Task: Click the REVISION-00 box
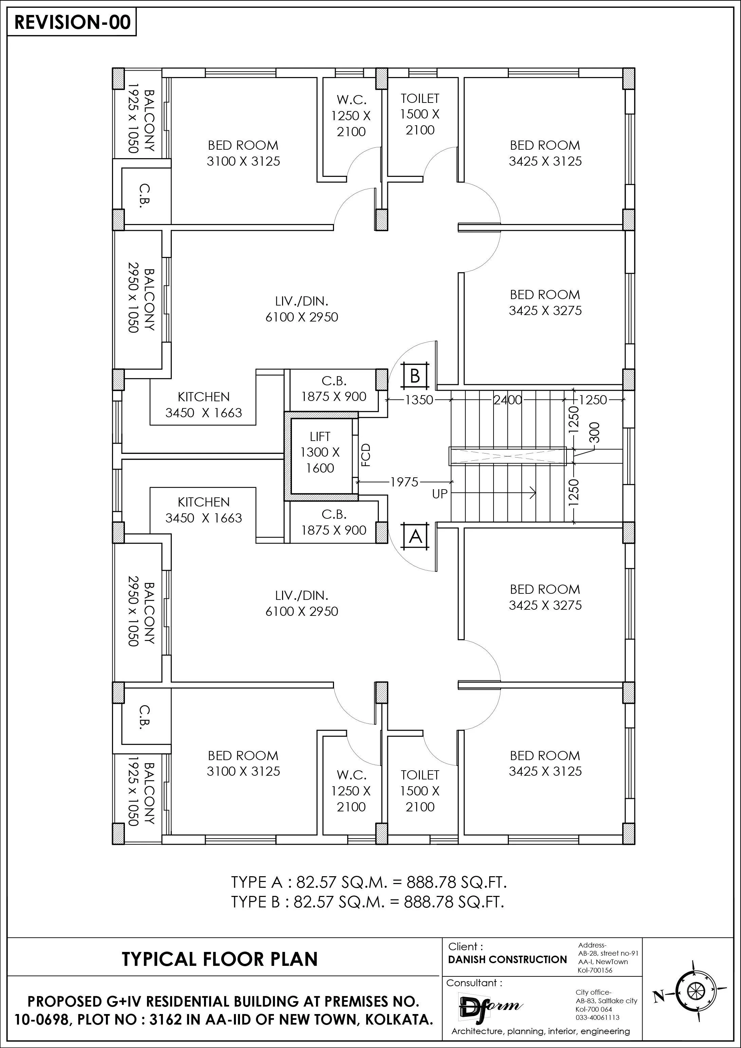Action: point(72,22)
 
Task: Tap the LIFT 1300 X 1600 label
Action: point(320,452)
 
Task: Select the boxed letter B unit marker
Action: point(415,376)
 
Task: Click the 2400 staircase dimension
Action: point(507,400)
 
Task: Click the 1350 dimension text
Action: point(419,400)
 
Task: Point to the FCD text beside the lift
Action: point(366,455)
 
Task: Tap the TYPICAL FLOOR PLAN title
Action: point(220,959)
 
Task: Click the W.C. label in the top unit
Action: point(351,100)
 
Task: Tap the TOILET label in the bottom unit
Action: point(420,775)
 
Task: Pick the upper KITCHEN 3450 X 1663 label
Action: point(204,404)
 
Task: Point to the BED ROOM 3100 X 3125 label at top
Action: point(243,153)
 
